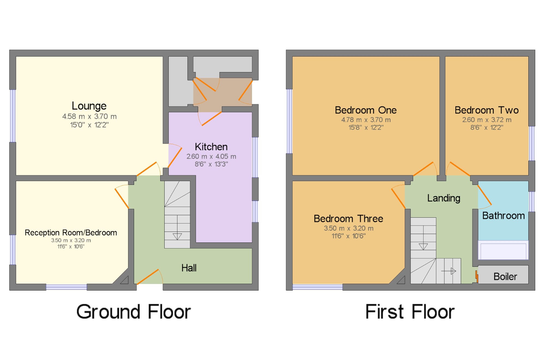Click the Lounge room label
89,106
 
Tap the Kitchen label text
211,147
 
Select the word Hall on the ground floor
189,268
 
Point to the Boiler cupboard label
505,277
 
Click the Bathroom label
504,216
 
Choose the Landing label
444,198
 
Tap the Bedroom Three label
348,219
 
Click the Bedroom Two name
487,110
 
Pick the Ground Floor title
134,312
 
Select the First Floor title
410,312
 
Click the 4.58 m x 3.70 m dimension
89,117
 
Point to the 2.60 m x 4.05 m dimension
211,156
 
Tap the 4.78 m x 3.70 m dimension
366,120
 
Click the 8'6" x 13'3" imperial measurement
211,164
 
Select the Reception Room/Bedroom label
71,233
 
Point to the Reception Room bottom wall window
66,287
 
